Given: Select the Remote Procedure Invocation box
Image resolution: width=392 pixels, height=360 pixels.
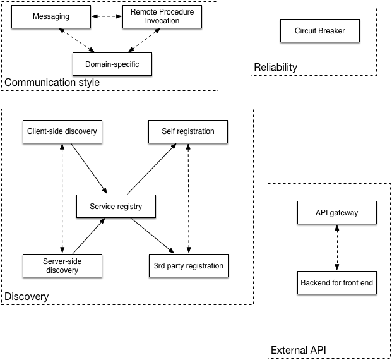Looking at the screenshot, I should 163,16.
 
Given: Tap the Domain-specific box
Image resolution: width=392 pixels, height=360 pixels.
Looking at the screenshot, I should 112,64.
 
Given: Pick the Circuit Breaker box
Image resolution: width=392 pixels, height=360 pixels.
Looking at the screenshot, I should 320,30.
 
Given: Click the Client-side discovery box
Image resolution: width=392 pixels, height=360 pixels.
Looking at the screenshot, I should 62,131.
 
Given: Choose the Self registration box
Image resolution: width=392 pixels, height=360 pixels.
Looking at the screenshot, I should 188,131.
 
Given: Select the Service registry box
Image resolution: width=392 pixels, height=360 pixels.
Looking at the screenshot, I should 116,207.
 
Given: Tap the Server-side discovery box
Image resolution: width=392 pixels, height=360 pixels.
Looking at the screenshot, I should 62,265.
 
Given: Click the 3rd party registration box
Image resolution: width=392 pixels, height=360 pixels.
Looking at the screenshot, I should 188,265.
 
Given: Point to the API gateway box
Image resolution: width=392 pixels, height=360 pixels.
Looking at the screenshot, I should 337,213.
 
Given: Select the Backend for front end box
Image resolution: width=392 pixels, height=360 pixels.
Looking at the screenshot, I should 337,283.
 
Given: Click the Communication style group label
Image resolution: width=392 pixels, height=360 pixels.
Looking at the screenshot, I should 52,83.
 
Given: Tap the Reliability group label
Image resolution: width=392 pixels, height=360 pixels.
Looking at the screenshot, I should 275,68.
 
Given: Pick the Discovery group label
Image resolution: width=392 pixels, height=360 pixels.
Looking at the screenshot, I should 27,296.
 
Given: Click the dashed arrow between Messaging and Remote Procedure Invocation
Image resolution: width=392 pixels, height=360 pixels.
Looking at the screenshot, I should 107,17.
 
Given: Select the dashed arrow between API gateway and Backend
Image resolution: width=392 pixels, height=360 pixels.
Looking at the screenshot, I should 337,248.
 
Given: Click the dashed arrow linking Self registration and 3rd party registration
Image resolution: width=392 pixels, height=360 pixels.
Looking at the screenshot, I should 188,198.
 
